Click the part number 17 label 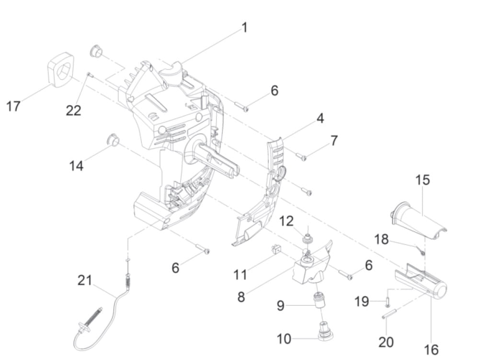point(13,105)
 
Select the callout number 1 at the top point(244,27)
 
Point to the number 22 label point(73,110)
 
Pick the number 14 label point(76,165)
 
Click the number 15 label point(423,180)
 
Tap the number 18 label point(381,239)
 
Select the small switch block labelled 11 point(275,249)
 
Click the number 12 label point(286,221)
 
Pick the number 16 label point(431,349)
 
